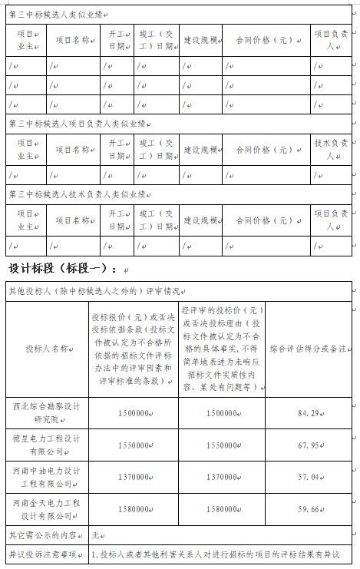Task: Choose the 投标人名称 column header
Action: point(47,349)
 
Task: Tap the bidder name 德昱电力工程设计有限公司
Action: point(47,445)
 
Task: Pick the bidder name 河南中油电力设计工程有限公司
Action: point(47,477)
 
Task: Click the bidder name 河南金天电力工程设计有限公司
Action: point(47,509)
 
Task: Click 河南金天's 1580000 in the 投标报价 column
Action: point(134,509)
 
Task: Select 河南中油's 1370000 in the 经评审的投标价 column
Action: point(222,477)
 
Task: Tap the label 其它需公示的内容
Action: point(43,534)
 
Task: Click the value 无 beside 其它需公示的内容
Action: point(96,534)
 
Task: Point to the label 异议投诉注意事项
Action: point(43,554)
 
